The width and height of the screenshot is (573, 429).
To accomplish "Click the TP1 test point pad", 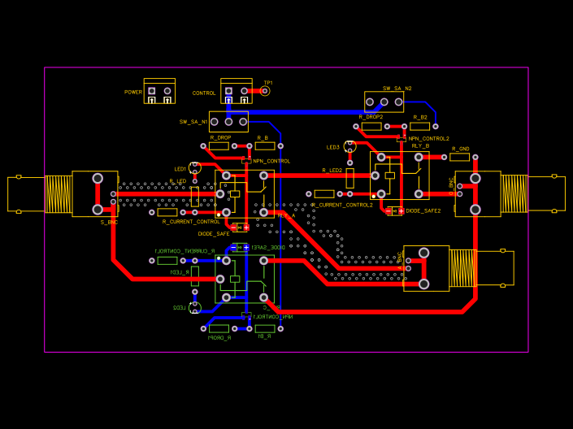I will coord(265,91).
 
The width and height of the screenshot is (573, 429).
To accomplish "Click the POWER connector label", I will coord(133,93).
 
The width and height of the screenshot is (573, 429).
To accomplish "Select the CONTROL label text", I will coord(204,93).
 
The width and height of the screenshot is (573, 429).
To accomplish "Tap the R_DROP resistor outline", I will coord(219,146).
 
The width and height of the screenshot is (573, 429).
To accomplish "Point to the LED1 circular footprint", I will coord(195,168).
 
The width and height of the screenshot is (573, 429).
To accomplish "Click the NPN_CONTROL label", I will coord(271,161).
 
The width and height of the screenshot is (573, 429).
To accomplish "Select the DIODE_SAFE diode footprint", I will coord(241,227).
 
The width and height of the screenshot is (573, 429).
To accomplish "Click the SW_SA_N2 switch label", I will coord(397,88).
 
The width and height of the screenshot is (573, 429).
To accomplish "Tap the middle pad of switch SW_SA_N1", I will coord(228,121).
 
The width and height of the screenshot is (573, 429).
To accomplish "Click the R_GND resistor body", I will coord(460,157).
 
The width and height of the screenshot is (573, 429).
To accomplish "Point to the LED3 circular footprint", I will coord(350,146).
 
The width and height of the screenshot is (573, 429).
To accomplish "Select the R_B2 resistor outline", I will coord(420,126).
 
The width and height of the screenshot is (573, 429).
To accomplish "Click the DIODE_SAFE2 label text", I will coord(423,210).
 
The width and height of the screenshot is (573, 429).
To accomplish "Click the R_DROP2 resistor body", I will coord(371,126).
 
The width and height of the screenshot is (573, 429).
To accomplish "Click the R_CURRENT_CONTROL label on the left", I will coord(191,222).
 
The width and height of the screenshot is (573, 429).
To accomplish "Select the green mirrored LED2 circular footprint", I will coord(195,307).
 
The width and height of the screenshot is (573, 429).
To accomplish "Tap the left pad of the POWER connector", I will coord(150,91).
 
